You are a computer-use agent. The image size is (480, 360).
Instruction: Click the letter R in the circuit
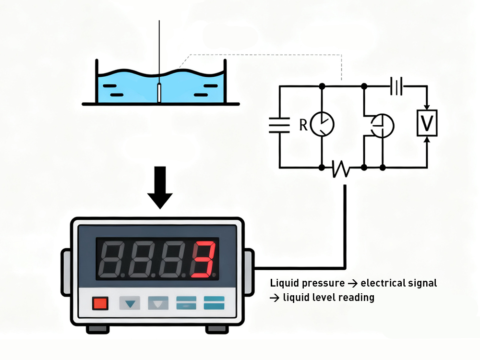pyautogui.click(x=303, y=125)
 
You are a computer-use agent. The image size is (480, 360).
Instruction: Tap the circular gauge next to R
pyautogui.click(x=322, y=124)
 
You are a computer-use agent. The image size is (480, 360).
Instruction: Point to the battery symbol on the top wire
pyautogui.click(x=396, y=86)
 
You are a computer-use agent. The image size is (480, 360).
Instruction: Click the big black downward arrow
pyautogui.click(x=159, y=187)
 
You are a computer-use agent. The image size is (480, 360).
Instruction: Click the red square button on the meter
pyautogui.click(x=101, y=303)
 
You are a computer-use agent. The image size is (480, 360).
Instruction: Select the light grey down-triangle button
pyautogui.click(x=157, y=303)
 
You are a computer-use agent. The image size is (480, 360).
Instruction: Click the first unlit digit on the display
pyautogui.click(x=112, y=260)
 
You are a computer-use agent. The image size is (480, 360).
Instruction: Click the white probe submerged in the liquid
pyautogui.click(x=158, y=92)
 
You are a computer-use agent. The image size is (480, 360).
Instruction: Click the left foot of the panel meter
pyautogui.click(x=97, y=329)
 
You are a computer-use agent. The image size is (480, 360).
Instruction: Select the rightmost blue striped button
pyautogui.click(x=214, y=303)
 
